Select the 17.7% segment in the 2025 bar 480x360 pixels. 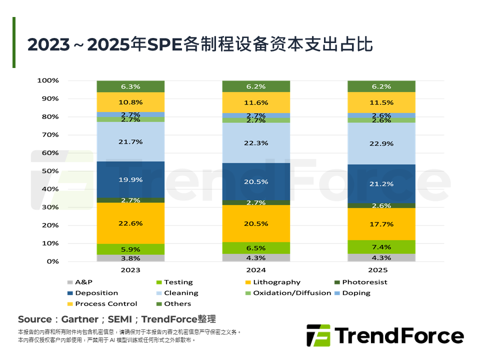(x=381, y=224)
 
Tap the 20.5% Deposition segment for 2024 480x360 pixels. (x=256, y=182)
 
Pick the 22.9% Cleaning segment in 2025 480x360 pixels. (x=381, y=143)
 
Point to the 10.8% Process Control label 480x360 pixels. (x=131, y=102)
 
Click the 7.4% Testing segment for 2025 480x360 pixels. (x=381, y=247)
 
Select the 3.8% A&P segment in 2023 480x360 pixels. (x=131, y=258)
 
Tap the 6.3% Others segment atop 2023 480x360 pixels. (x=131, y=86)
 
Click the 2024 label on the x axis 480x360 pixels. (x=256, y=270)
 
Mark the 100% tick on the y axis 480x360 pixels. (x=48, y=80)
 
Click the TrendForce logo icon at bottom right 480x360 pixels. (x=318, y=335)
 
